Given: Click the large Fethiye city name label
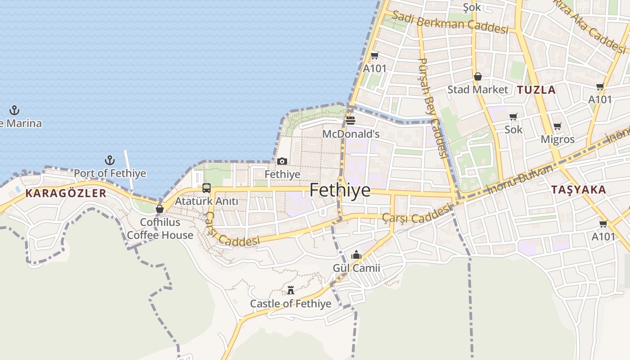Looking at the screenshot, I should [340, 190].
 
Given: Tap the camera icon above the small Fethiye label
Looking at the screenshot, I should [282, 161].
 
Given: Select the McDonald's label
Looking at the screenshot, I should [351, 134].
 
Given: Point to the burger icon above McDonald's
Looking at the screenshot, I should [351, 121].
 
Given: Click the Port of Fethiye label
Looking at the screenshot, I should [110, 173].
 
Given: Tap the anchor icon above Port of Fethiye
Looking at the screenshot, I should [109, 160].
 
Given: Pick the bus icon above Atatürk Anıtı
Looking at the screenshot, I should [207, 188].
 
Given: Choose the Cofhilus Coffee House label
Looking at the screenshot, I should [160, 229].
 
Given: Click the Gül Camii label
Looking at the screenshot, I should [356, 268].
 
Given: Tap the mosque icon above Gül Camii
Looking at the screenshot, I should [356, 255].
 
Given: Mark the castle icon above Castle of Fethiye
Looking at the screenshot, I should [291, 290].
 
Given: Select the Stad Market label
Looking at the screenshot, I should [477, 90].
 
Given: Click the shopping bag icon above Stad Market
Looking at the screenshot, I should [477, 76].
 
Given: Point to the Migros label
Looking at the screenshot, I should [558, 139].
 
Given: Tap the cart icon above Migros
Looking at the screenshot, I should [558, 126].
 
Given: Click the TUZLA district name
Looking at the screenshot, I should [536, 90].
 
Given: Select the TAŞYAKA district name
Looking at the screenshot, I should [579, 190].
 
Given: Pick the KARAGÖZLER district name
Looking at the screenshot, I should [66, 193].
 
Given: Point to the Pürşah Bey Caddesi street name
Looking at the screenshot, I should [432, 108].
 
